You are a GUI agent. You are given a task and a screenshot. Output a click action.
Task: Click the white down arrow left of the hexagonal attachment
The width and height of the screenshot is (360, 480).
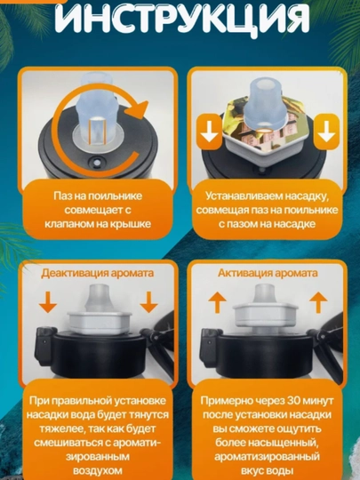(x=210, y=132)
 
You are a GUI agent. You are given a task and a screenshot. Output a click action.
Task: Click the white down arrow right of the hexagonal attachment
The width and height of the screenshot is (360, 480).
(x=326, y=132)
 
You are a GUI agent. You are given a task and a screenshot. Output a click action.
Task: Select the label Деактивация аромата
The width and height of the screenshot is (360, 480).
(x=98, y=273)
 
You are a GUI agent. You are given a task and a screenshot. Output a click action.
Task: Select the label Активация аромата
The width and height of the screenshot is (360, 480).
(x=268, y=273)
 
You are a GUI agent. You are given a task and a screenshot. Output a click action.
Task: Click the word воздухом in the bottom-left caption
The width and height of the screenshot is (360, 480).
(x=98, y=470)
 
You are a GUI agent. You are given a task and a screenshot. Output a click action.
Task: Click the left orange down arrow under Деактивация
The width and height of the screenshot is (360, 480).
(x=48, y=302)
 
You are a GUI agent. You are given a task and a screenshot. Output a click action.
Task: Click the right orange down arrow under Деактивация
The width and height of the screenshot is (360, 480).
(x=148, y=302)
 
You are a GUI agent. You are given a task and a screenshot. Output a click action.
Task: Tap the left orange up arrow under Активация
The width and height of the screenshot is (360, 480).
(x=218, y=302)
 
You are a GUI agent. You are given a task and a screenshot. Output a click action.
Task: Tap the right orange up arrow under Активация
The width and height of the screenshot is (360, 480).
(x=318, y=302)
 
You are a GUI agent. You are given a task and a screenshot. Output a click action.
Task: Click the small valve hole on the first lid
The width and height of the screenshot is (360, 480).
(x=97, y=161)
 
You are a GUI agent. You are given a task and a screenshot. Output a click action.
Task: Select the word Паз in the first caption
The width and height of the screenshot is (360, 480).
(x=61, y=196)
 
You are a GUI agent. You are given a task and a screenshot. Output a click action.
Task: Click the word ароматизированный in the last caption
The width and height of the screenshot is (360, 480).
(x=267, y=457)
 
